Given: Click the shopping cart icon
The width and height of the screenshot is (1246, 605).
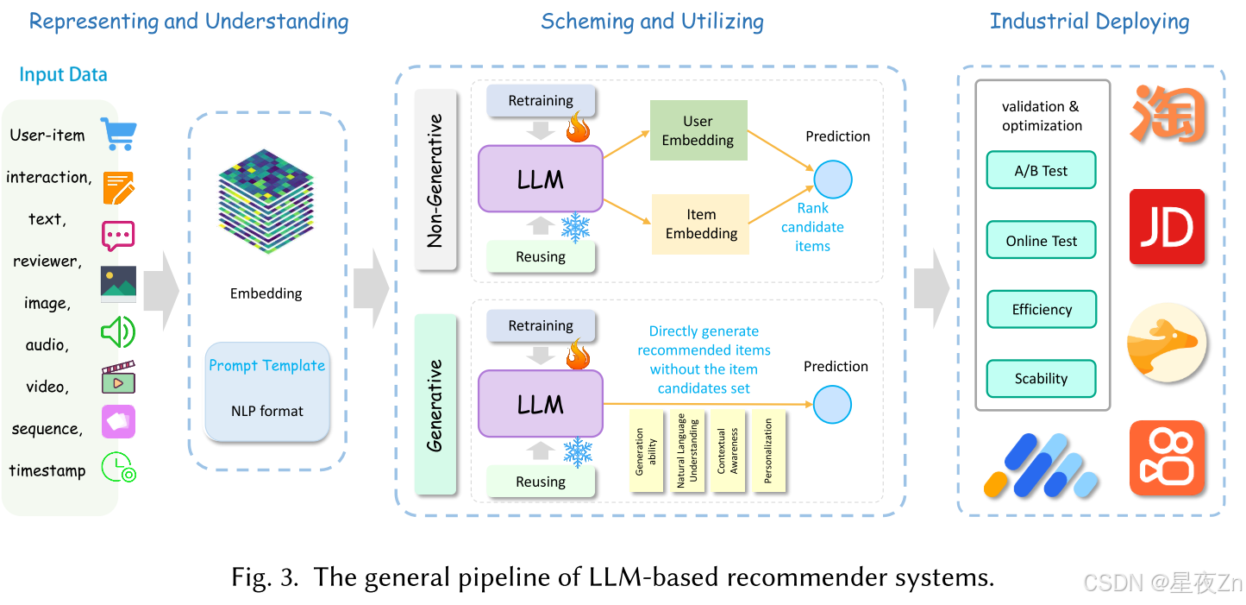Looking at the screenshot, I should point(118,134).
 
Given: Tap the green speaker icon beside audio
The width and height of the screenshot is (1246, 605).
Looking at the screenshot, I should point(118,332).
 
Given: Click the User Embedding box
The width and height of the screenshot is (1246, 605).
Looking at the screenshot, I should point(698,130).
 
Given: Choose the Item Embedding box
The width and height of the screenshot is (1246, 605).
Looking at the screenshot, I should point(700,224).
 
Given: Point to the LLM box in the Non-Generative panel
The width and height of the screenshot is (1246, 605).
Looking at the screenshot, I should point(540,180).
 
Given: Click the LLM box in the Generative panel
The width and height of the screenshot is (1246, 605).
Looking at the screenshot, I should point(540,404).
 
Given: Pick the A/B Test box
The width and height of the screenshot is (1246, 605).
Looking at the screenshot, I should point(1041,171).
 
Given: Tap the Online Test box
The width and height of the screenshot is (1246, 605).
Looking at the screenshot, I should point(1041,241).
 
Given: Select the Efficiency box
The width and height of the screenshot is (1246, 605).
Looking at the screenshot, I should point(1041,310).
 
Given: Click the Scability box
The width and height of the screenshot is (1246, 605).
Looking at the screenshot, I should point(1041,378).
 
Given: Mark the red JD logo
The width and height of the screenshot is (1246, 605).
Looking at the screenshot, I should point(1167,227).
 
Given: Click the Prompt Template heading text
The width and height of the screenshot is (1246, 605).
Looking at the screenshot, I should point(267,365).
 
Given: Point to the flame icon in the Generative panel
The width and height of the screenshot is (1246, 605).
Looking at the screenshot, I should point(577,355).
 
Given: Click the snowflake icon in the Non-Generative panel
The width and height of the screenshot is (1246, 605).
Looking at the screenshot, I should point(575,227).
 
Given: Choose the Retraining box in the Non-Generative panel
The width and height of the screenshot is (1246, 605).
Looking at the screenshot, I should point(541,100).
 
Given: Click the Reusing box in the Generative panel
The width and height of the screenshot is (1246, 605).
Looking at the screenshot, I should point(541,482).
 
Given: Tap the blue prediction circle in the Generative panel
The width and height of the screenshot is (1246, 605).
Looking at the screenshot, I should point(832,405).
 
